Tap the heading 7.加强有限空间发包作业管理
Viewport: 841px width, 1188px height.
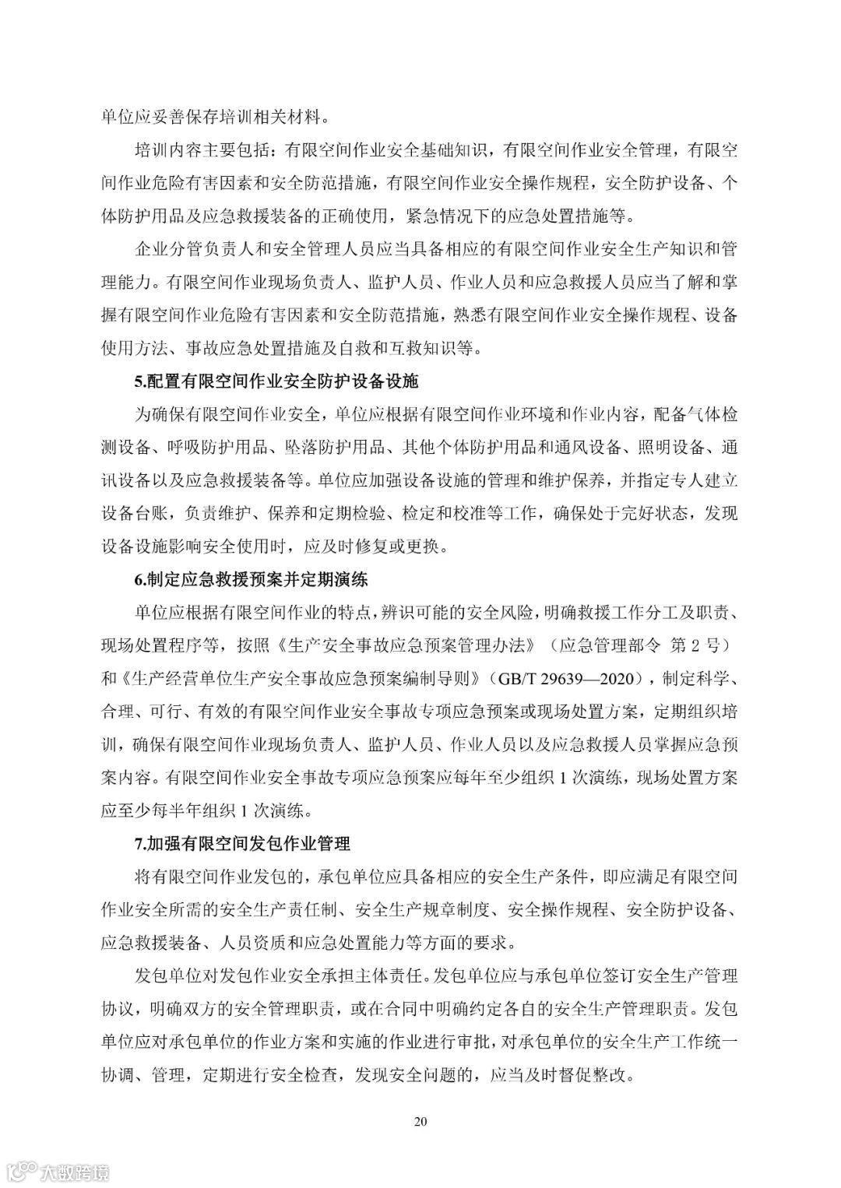click(x=242, y=843)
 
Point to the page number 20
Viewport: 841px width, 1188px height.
click(x=420, y=1122)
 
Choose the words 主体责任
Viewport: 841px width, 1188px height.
click(x=387, y=975)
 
